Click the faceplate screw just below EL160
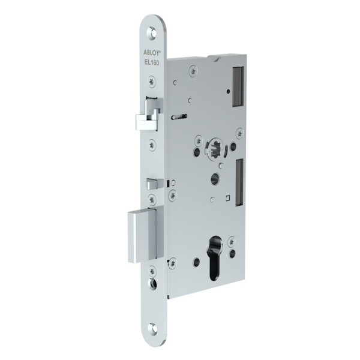point(154,78)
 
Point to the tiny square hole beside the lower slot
point(229,197)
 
